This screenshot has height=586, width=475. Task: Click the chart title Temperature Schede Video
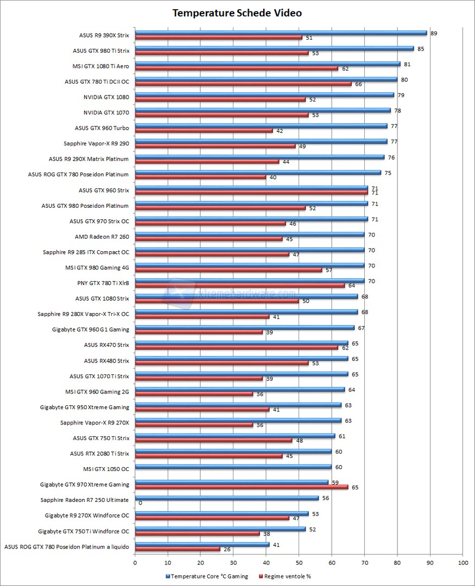click(237, 13)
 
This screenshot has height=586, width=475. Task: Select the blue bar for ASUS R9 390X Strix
click(281, 33)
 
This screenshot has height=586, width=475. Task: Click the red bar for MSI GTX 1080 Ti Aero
click(236, 68)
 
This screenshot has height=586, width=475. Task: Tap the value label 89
click(434, 33)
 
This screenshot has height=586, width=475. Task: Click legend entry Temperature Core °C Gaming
click(209, 576)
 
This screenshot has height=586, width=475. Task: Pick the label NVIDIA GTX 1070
click(106, 113)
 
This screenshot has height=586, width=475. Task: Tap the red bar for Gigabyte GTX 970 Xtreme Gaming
click(242, 487)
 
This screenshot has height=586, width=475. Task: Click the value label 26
click(227, 549)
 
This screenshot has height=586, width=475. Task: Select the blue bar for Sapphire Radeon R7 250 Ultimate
click(226, 498)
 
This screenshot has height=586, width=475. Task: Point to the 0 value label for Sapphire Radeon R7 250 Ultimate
click(140, 503)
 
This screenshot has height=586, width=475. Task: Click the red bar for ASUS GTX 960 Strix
click(251, 192)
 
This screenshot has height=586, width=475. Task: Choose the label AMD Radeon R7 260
click(102, 237)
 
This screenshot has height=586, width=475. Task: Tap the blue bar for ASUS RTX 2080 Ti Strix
click(233, 451)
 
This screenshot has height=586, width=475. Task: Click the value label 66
click(358, 84)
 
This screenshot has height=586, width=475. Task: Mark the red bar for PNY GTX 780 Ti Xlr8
click(239, 285)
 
